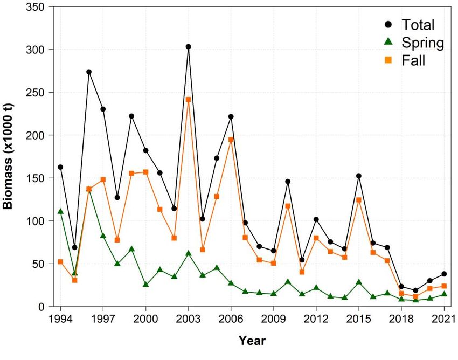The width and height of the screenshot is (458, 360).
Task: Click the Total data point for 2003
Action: [189, 47]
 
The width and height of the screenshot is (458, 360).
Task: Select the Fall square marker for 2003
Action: [189, 100]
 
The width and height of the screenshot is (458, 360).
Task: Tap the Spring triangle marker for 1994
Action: [60, 211]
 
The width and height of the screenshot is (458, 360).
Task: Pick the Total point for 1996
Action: [89, 72]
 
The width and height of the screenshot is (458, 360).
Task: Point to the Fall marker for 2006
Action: [231, 140]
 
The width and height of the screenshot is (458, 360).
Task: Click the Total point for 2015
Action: [359, 176]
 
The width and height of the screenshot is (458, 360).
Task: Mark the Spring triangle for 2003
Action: [189, 253]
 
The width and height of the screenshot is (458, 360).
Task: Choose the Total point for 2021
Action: [444, 274]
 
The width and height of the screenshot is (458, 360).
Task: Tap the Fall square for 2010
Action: [288, 206]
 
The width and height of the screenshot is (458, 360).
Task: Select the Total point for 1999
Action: [131, 116]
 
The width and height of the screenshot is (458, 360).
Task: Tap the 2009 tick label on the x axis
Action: [274, 318]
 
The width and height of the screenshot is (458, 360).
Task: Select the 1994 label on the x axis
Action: [60, 318]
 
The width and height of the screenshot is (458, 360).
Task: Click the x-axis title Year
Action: [252, 341]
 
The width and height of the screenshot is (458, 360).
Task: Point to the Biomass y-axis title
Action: [12, 156]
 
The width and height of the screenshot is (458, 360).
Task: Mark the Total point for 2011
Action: [302, 260]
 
